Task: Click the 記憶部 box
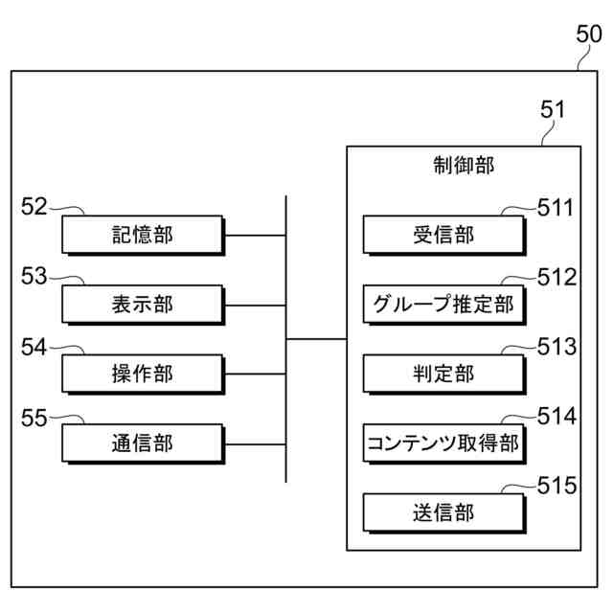(143, 235)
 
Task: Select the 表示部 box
(143, 305)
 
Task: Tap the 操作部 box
(143, 374)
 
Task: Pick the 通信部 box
(143, 443)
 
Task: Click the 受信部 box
(443, 235)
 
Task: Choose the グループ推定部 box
(443, 305)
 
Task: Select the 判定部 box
(443, 374)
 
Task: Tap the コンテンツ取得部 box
(443, 443)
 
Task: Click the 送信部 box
(443, 513)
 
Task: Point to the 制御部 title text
(464, 165)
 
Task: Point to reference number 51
(553, 109)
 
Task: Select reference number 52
(34, 206)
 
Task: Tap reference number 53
(34, 277)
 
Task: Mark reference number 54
(34, 347)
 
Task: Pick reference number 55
(34, 417)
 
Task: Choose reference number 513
(556, 347)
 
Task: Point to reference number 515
(556, 486)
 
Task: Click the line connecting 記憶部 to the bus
(256, 235)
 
